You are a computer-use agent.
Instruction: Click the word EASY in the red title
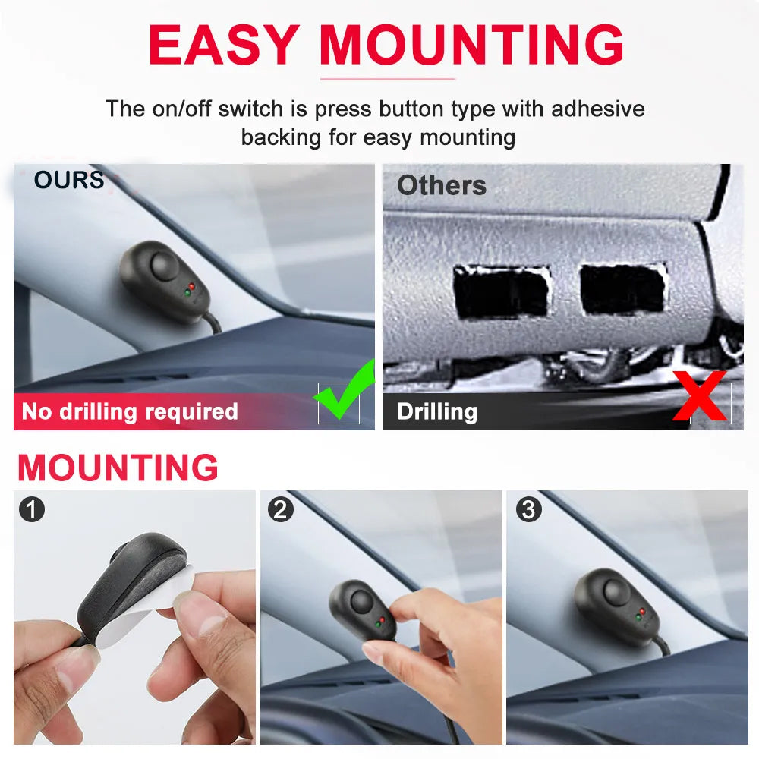[224, 44]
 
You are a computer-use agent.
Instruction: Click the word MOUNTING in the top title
[471, 44]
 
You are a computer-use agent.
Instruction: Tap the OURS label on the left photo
[69, 180]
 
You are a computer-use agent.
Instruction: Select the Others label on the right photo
[442, 185]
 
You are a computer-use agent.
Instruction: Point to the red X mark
[700, 395]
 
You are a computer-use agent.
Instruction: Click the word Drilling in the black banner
[437, 412]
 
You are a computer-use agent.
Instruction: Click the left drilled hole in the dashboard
[502, 292]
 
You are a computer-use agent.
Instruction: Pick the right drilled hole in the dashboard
[623, 289]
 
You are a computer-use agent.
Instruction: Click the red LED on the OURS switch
[192, 287]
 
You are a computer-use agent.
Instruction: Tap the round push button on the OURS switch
[164, 265]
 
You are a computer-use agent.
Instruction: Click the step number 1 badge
[32, 509]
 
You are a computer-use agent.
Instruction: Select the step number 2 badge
[281, 509]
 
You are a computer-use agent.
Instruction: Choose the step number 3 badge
[528, 509]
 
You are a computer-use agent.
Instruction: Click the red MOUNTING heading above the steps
[118, 468]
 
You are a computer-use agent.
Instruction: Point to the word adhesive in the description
[598, 109]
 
